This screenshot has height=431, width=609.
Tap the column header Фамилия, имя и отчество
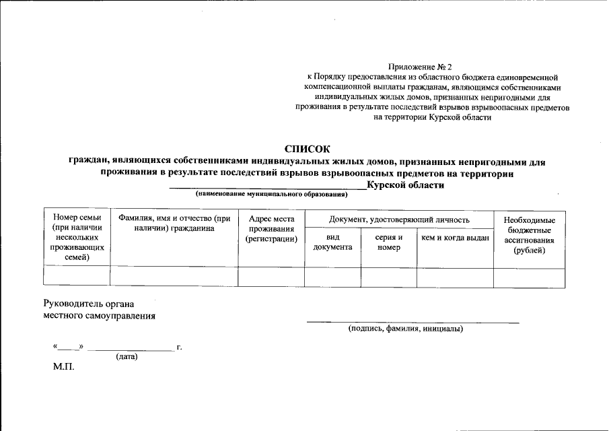coord(174,223)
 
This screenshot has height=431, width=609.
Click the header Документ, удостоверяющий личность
coord(399,220)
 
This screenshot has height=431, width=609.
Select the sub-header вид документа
coord(332,242)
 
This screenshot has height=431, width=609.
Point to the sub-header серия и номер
coord(388,242)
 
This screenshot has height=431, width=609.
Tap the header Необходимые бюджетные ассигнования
coord(529,236)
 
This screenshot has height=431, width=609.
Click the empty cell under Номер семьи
coord(77,277)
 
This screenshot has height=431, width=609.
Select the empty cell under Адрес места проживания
coord(271,277)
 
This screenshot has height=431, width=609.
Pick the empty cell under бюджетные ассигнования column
coord(529,277)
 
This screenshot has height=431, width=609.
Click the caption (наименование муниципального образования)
coord(271,195)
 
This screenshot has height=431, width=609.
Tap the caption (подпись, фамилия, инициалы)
coord(406,329)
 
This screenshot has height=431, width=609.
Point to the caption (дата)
coord(127,356)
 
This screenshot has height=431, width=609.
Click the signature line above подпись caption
coord(413,323)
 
